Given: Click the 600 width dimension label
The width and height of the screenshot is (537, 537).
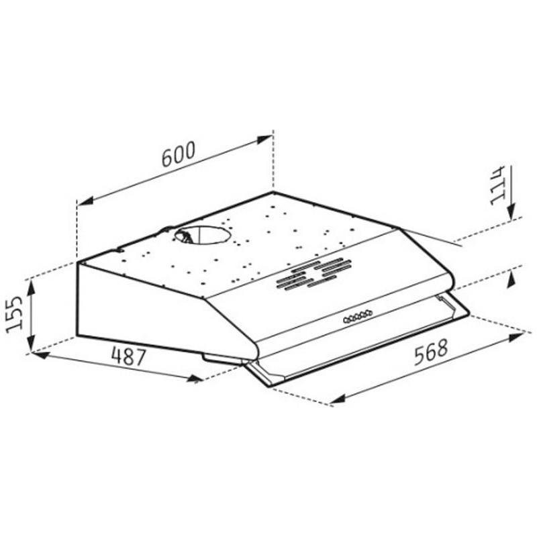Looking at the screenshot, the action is click(178, 154).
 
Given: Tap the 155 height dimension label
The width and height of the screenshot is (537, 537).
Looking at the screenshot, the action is click(15, 313).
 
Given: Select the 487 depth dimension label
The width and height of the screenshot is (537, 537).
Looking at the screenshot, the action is click(129, 356).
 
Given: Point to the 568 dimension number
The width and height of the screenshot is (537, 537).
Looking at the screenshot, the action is click(431, 352).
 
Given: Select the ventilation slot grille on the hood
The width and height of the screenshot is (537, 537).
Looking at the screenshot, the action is click(309, 274).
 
